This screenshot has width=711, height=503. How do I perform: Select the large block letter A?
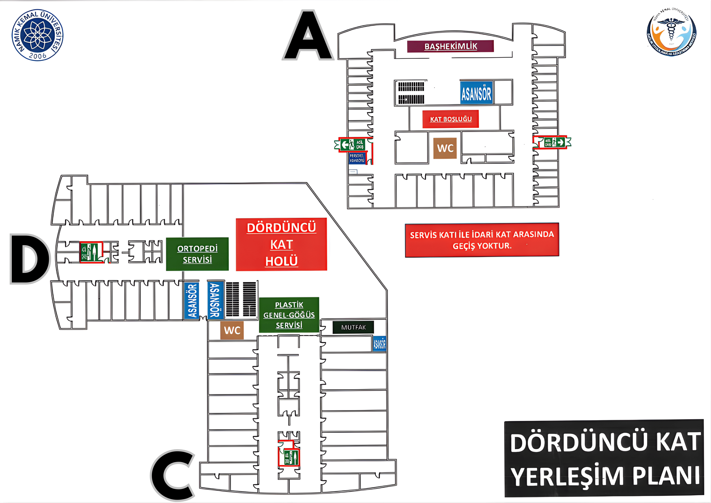tap(308, 36)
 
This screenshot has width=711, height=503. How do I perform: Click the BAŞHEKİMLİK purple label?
tap(450, 46)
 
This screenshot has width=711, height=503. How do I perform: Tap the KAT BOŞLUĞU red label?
tap(451, 119)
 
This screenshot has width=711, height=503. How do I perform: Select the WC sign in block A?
tap(445, 148)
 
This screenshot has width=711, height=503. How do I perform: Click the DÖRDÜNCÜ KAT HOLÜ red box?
tap(281, 244)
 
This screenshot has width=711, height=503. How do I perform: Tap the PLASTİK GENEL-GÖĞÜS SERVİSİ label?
tap(289, 315)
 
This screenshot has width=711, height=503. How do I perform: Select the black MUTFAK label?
tap(353, 327)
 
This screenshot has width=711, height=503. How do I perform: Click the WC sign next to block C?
tap(232, 330)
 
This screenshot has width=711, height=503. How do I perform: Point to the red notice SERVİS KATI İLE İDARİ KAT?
tap(482, 240)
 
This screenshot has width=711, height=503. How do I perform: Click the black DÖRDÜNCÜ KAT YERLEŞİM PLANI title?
tap(604, 458)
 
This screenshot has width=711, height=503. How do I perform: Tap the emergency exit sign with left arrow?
tap(353, 144)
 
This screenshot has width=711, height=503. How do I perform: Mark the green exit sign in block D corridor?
tap(91, 252)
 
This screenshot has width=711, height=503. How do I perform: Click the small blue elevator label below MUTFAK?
tap(379, 344)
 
